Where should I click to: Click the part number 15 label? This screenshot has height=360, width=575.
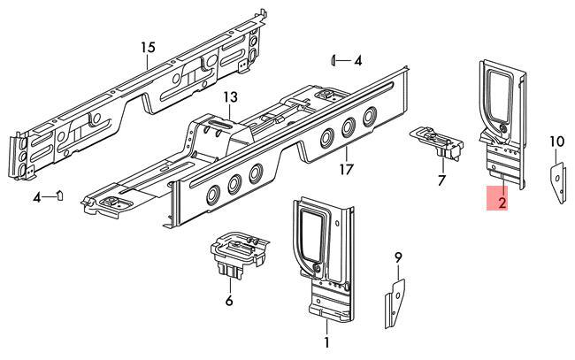click(x=148, y=47)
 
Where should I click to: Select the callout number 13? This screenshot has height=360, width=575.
click(x=231, y=97)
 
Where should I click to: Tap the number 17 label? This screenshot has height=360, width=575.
click(x=347, y=169)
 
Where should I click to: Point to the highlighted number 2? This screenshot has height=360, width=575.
click(x=502, y=203)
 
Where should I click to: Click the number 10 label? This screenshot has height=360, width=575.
click(x=557, y=142)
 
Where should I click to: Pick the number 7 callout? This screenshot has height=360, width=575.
click(x=441, y=180)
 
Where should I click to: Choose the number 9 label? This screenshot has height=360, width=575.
click(x=398, y=257)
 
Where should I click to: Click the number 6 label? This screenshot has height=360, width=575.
click(x=229, y=301)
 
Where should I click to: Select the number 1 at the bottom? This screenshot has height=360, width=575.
click(x=326, y=342)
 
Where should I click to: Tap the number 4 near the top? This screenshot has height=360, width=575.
click(x=358, y=60)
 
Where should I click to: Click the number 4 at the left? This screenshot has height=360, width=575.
click(x=36, y=198)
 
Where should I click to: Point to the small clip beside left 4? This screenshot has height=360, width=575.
click(x=59, y=195)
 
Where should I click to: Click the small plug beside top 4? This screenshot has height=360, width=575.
click(x=333, y=60)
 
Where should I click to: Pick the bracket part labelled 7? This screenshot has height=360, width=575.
click(x=437, y=142)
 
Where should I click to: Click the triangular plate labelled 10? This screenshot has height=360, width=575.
click(x=558, y=183)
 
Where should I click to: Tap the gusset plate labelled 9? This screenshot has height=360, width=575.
click(x=395, y=304)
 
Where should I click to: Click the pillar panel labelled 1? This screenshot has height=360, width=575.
click(x=324, y=258)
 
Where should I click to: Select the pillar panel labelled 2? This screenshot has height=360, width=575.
click(x=503, y=125)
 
